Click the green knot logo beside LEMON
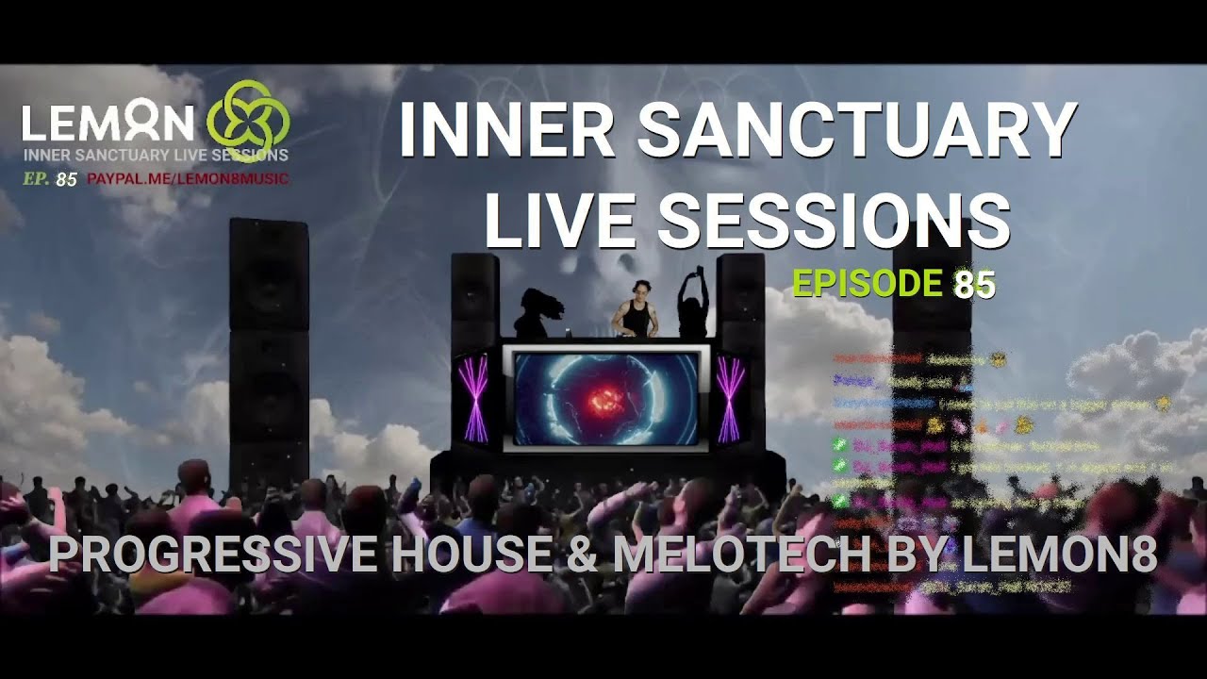click(x=247, y=121)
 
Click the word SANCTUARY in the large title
click(x=857, y=129)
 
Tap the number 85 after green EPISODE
click(x=974, y=283)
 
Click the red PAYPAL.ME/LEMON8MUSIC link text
click(x=188, y=178)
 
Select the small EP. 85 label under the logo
click(x=50, y=178)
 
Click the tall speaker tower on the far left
click(x=269, y=349)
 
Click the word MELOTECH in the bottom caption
click(x=740, y=555)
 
